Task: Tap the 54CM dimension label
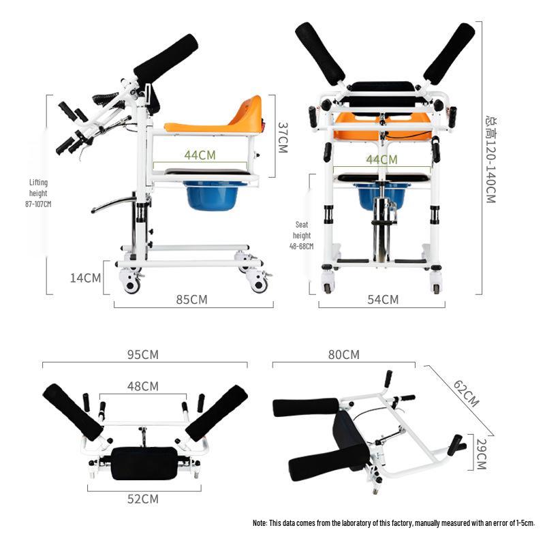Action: (382, 299)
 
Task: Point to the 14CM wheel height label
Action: (87, 277)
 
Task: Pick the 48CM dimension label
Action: (142, 386)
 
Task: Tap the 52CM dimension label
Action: (143, 499)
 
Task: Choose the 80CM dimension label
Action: (343, 355)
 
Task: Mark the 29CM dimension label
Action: (481, 454)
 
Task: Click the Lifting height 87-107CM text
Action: (39, 193)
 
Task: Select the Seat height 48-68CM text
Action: (302, 235)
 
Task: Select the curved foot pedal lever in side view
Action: (113, 204)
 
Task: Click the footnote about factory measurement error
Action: (394, 523)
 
